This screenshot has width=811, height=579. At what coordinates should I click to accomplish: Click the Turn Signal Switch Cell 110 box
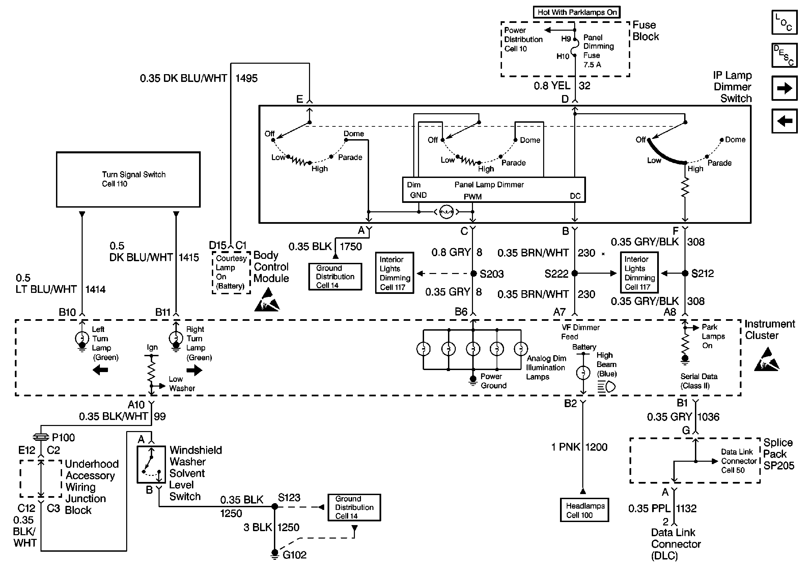tap(128, 179)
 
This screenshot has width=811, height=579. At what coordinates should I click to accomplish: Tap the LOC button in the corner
tap(784, 23)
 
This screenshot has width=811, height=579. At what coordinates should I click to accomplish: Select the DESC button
tap(784, 55)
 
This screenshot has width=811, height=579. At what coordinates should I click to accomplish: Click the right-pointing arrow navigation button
tap(784, 88)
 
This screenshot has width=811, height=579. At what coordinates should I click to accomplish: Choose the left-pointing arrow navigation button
tap(784, 121)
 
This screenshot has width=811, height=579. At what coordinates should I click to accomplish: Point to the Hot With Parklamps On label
tap(577, 12)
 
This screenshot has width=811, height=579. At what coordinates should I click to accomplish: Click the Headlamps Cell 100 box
tap(584, 510)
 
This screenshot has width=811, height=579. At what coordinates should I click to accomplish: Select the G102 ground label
tap(295, 555)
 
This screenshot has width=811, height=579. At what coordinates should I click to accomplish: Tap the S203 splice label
tap(491, 274)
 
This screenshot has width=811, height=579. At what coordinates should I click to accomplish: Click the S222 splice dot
tap(575, 273)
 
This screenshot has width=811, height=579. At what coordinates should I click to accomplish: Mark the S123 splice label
tap(289, 497)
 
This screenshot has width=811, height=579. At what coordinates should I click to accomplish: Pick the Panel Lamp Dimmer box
tap(494, 190)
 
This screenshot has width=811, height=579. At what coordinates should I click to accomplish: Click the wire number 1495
tap(246, 78)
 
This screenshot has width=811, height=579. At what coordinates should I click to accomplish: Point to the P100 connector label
tap(63, 437)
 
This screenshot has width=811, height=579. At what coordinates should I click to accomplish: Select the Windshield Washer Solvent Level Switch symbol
tap(151, 464)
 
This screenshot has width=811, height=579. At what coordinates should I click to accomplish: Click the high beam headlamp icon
tap(607, 387)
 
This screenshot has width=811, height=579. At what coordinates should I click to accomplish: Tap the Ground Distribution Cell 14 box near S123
tap(354, 507)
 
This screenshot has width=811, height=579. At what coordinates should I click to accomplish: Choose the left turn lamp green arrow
tap(100, 370)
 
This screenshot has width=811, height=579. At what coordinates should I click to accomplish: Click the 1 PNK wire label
tap(565, 447)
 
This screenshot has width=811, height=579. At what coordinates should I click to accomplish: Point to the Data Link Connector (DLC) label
tap(675, 544)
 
